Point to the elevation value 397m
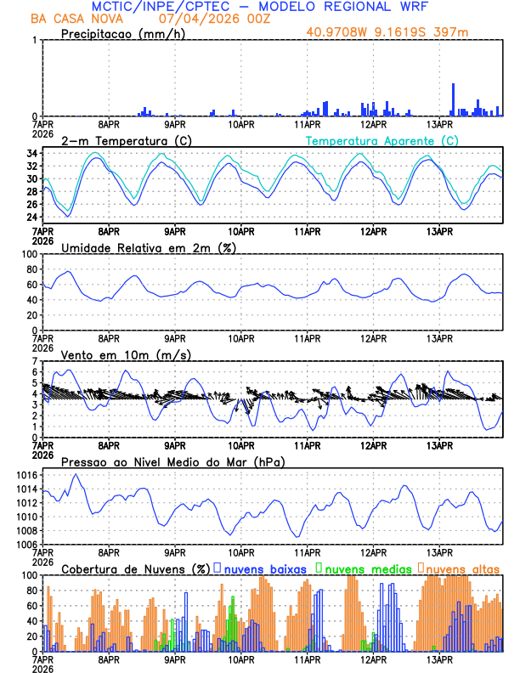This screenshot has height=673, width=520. (x=451, y=32)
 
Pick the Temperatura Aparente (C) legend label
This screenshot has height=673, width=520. (x=382, y=140)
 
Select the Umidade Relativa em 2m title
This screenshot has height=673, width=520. (x=148, y=247)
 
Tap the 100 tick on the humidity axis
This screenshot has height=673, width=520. (x=28, y=254)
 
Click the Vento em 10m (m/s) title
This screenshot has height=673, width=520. (x=126, y=354)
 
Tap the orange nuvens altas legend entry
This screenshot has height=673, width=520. (x=462, y=568)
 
